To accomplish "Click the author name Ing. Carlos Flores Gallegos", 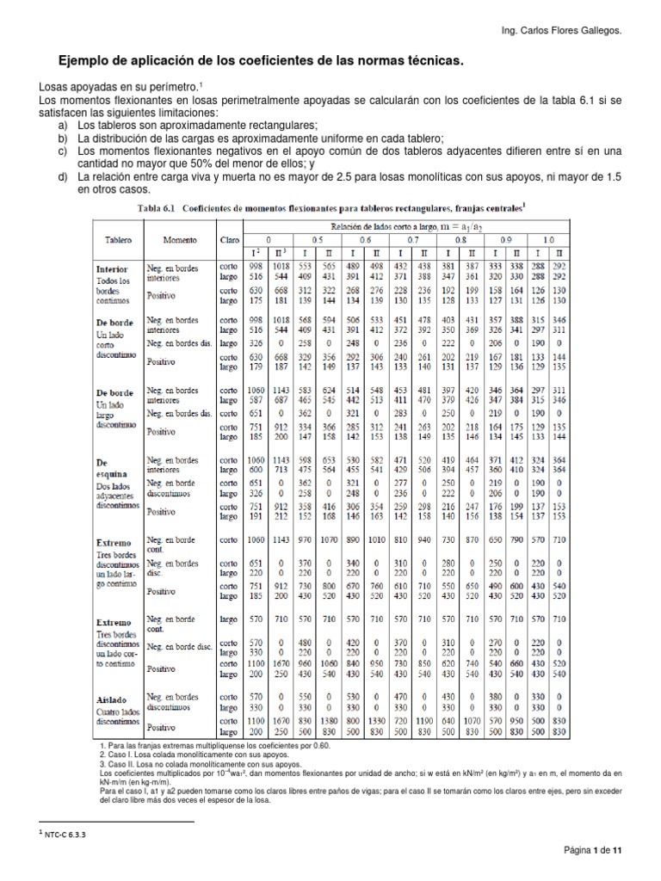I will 560,32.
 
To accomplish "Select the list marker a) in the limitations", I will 62,126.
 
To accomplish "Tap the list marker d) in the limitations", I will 62,176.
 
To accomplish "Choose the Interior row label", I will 112,269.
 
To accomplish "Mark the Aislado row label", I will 112,700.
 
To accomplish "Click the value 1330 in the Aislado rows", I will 376,720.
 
